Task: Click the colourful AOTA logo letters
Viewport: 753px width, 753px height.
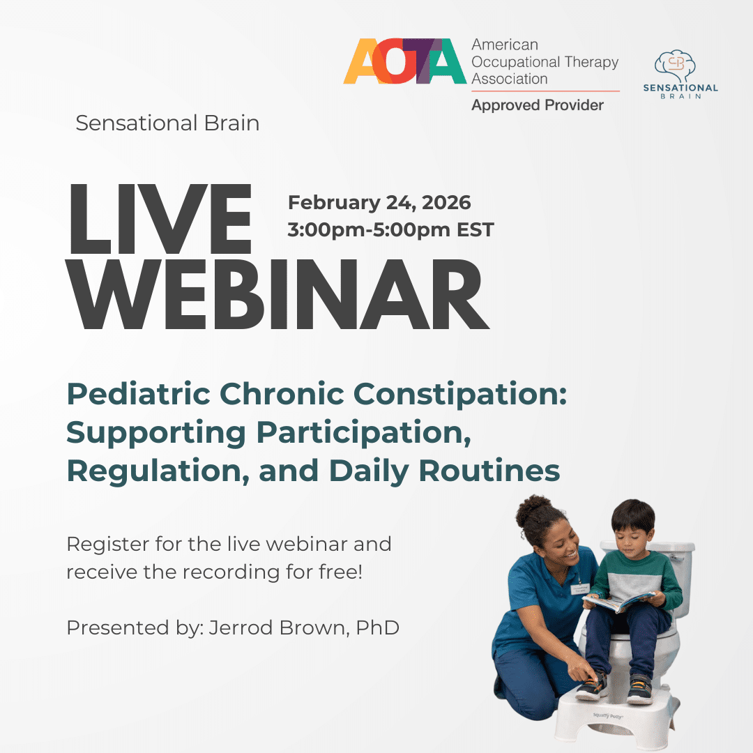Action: pos(405,61)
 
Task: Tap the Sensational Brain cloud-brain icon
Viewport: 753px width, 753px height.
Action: pos(675,66)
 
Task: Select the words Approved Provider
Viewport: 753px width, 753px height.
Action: pos(538,105)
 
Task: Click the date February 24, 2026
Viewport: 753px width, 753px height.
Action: pos(379,203)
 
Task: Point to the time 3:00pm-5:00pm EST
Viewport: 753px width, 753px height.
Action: pos(390,229)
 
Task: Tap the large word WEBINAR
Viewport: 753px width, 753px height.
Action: pos(277,294)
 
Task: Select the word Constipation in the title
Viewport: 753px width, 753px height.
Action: pos(460,395)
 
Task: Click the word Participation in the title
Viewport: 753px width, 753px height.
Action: pos(363,433)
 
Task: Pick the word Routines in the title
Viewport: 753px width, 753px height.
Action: pos(489,471)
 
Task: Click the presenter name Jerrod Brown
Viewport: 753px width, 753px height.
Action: pos(278,627)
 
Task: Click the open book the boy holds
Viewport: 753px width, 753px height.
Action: pos(619,601)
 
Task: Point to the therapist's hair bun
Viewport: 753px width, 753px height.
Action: pos(532,508)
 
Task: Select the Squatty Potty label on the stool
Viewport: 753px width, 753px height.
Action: pos(607,716)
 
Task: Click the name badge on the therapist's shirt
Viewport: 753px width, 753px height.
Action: pos(580,588)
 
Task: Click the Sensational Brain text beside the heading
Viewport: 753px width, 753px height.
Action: pos(167,123)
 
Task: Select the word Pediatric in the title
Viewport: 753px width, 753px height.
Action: pos(139,394)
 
